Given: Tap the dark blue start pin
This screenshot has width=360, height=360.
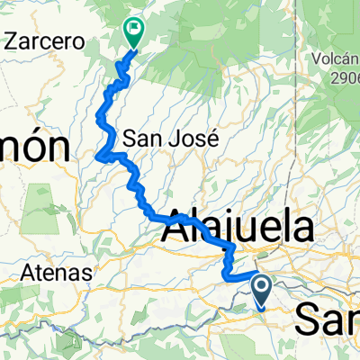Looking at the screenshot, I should click(x=262, y=290).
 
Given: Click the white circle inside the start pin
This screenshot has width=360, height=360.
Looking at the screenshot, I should click(x=262, y=286).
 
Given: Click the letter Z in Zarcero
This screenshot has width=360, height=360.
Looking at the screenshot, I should click(x=11, y=41).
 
